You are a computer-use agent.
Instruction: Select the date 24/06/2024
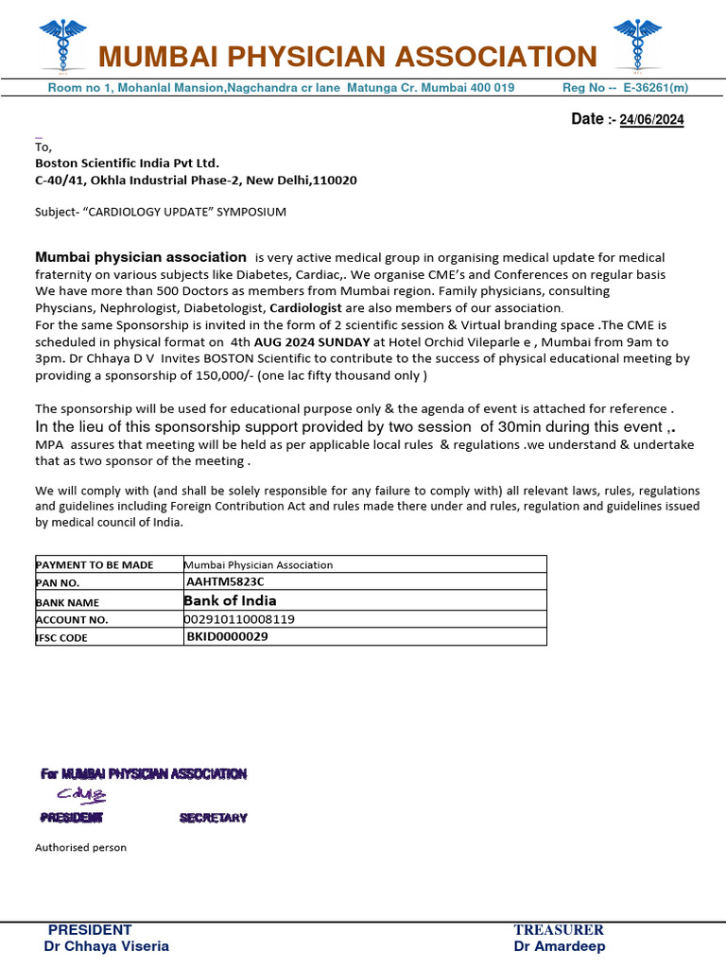651,120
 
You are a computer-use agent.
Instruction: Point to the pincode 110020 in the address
336,180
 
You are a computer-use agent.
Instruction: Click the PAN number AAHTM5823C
225,582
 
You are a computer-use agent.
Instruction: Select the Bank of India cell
230,600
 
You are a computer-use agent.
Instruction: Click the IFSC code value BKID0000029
227,637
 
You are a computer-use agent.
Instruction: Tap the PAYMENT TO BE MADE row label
94,564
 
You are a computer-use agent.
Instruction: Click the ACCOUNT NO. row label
72,619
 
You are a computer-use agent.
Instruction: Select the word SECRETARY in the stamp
213,818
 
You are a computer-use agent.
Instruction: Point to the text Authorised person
80,848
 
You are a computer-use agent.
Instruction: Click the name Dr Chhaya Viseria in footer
107,946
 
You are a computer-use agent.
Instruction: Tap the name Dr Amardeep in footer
560,946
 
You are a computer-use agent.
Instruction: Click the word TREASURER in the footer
559,930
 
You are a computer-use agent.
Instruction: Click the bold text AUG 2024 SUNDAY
312,342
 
